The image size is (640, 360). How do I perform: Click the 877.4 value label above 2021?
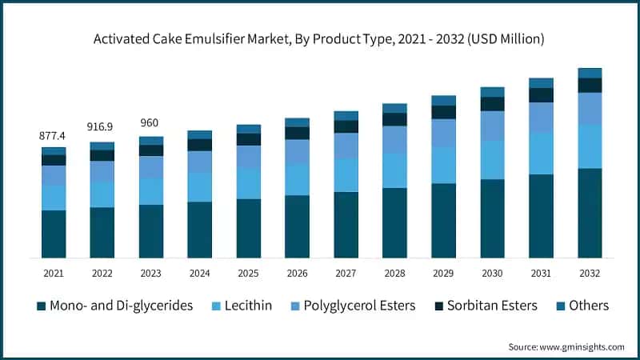pyautogui.click(x=53, y=136)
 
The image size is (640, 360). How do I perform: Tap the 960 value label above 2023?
pyautogui.click(x=150, y=122)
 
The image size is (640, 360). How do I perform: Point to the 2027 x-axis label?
pyautogui.click(x=346, y=274)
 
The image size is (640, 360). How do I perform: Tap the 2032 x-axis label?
pyautogui.click(x=590, y=274)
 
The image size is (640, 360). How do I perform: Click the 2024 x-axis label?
pyautogui.click(x=199, y=274)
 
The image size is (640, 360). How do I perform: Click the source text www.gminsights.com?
pyautogui.click(x=566, y=346)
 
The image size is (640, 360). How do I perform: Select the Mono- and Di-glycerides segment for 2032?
pyautogui.click(x=590, y=213)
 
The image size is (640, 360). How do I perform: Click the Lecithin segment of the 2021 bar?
pyautogui.click(x=54, y=198)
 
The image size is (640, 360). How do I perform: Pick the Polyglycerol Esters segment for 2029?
pyautogui.click(x=443, y=133)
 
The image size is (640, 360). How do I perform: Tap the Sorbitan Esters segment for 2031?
pyautogui.click(x=541, y=95)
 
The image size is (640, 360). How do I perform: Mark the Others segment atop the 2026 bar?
pyautogui.click(x=297, y=122)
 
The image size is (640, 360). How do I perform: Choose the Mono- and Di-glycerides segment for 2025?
pyautogui.click(x=248, y=228)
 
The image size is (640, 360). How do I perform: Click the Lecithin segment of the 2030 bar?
pyautogui.click(x=492, y=160)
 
